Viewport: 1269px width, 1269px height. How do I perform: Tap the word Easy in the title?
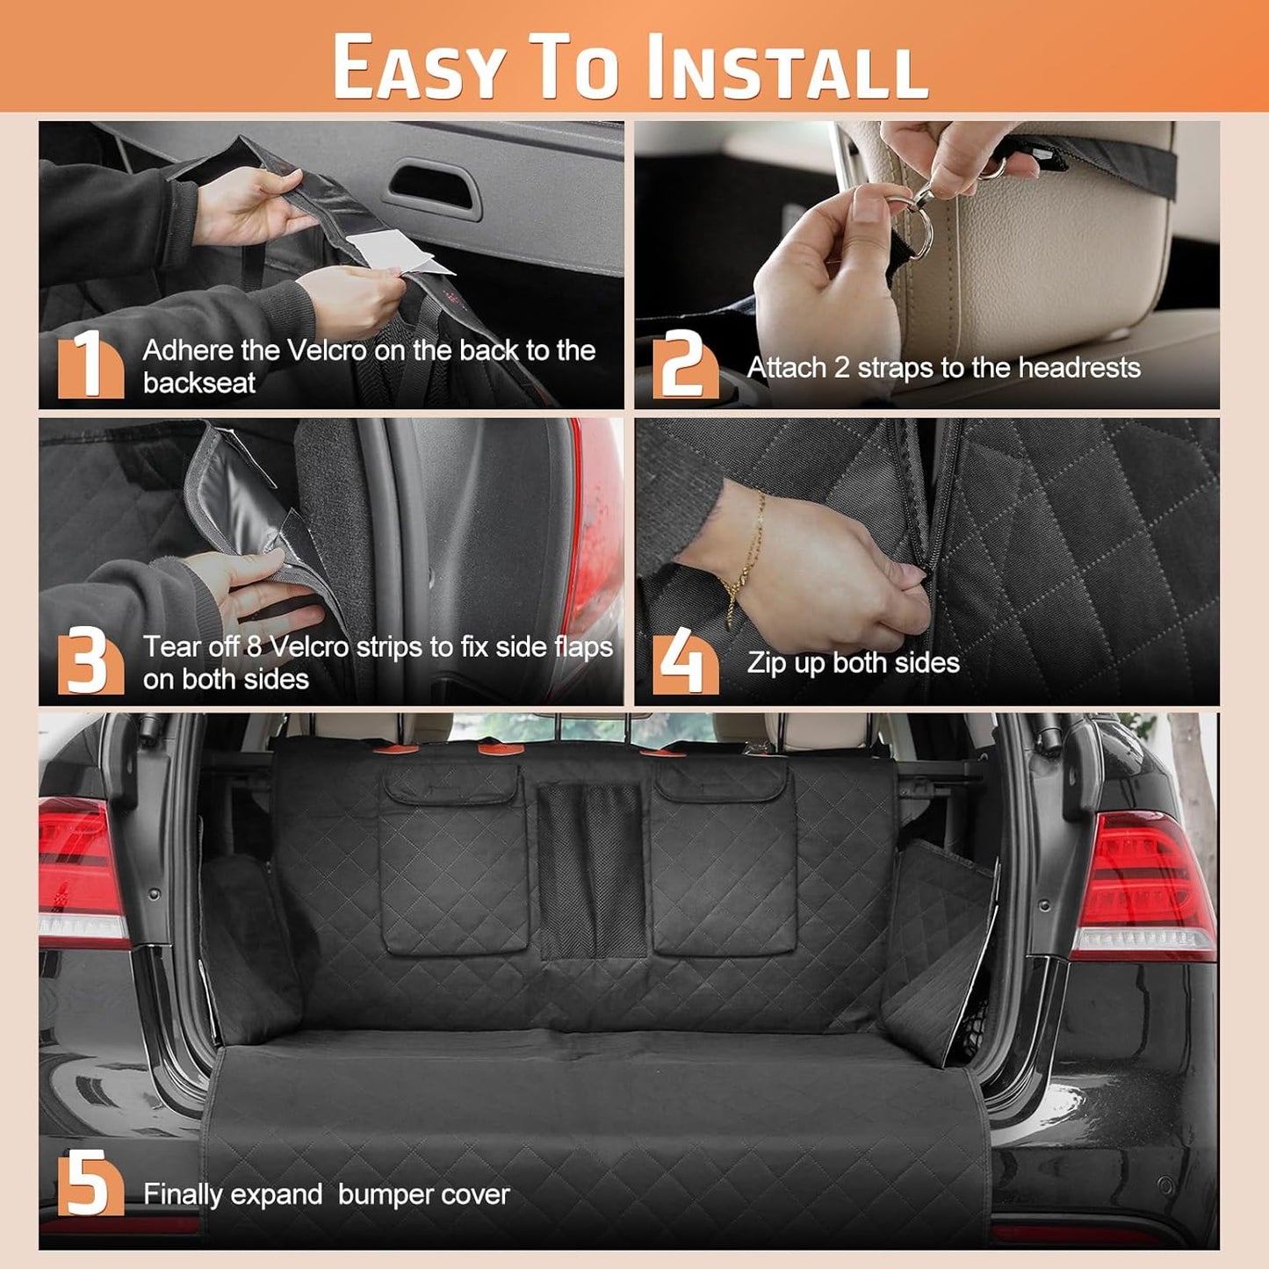tap(420, 67)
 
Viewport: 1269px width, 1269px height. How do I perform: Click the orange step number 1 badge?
tap(90, 364)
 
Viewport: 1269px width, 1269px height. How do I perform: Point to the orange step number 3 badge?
tap(90, 660)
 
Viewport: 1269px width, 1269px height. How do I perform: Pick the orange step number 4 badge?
tap(685, 660)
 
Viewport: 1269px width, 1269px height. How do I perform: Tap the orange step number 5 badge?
tap(90, 1183)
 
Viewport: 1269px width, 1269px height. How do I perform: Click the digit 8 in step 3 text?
tap(254, 646)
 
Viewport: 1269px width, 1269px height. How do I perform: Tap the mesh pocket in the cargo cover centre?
tap(591, 870)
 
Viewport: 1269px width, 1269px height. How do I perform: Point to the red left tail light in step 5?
tap(83, 870)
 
